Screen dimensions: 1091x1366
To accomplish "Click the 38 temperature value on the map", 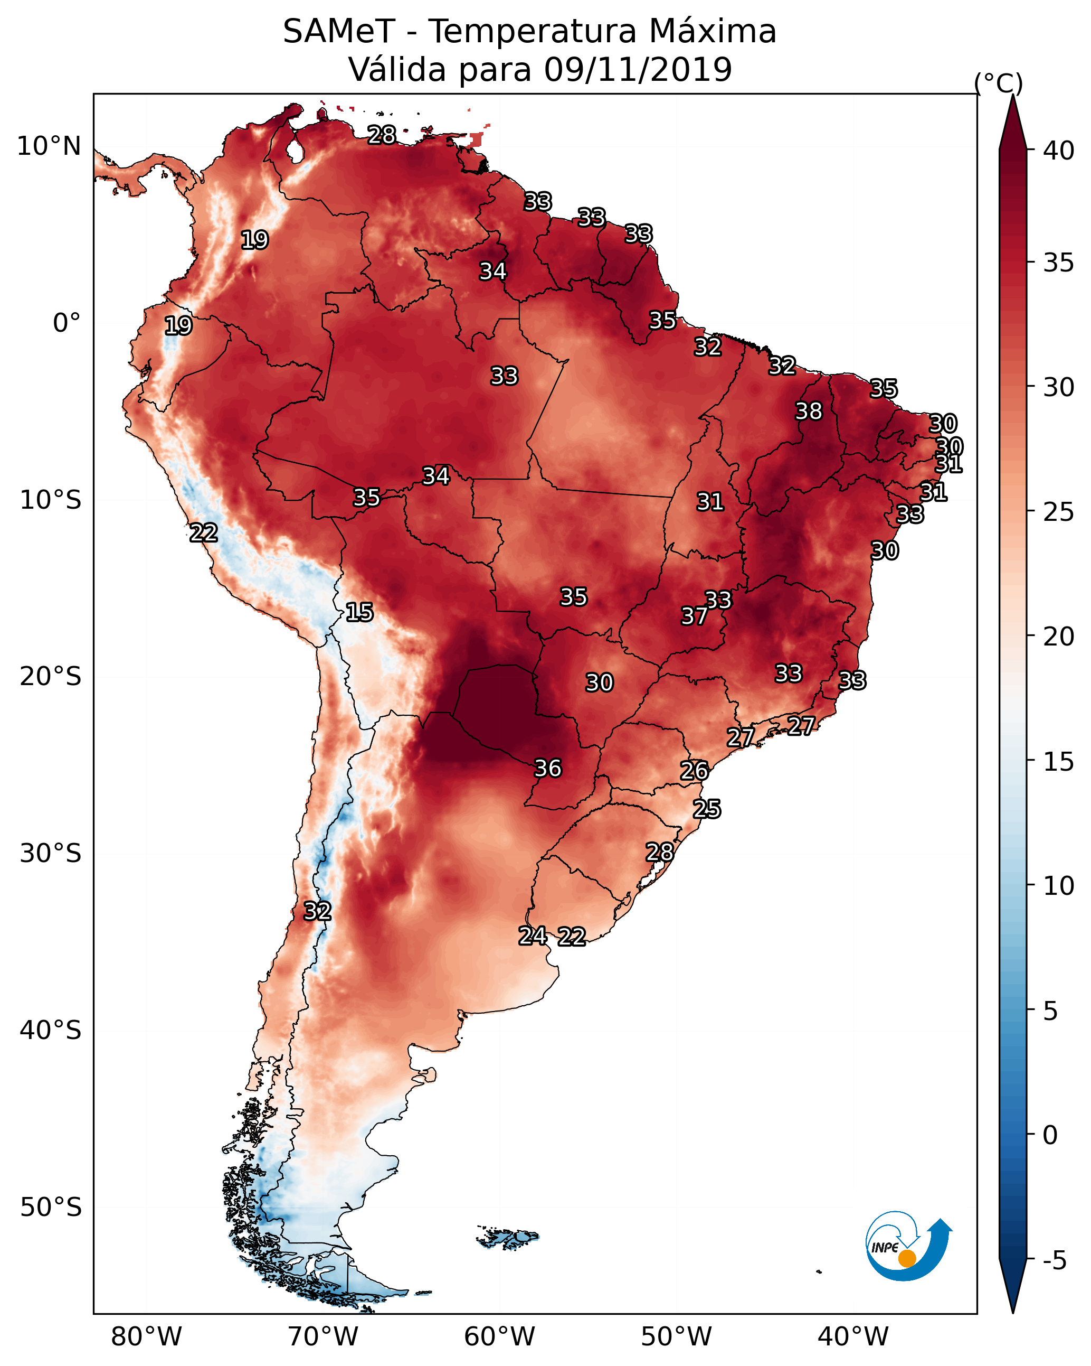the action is coord(809,411).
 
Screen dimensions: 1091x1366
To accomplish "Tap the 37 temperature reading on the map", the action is coord(694,616).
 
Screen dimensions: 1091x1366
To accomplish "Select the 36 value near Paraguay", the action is coord(548,769).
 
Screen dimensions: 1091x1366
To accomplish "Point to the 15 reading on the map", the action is coord(359,612).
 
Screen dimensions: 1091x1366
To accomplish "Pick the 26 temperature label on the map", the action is coord(694,771).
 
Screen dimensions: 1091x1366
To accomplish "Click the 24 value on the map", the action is coord(533,936).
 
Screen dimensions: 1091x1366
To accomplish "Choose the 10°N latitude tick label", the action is coord(49,146).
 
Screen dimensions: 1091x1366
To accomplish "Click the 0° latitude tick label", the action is coord(67,323).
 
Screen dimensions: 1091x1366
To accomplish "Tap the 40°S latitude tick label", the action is coord(51,1030).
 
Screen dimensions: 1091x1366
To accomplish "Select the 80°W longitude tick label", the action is coord(146,1337).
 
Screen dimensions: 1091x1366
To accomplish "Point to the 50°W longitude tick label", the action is coord(676,1337).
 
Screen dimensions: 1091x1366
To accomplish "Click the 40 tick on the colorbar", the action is coord(1059,151).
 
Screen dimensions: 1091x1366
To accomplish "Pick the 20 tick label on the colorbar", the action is coord(1059,637).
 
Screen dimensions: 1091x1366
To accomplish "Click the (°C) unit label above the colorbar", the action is coord(999,83).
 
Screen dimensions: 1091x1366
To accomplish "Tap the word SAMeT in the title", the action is coord(339,32).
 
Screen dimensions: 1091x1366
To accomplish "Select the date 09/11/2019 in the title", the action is coord(638,69).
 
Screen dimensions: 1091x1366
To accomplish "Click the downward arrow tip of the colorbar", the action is coord(1013,1313).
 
